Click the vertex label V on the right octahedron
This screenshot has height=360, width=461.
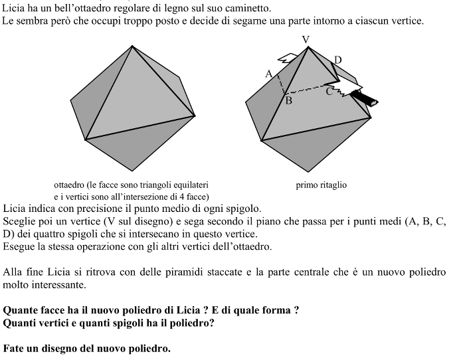point(306,40)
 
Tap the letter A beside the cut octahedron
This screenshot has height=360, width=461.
point(269,74)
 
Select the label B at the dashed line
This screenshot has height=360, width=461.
point(288,101)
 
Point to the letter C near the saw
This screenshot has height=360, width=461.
point(329,92)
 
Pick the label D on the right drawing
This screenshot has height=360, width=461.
point(338,60)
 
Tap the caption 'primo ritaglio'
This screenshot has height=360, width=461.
point(321,185)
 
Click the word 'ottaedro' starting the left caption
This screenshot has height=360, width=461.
point(70,185)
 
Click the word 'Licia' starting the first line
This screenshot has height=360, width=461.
point(14,9)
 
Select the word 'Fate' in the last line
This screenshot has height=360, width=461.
point(14,348)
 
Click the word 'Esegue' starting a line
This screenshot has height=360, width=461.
point(19,247)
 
